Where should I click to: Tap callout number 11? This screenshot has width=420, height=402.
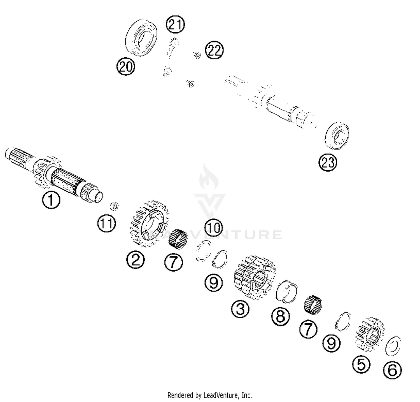(x=106, y=224)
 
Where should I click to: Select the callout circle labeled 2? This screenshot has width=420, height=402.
(x=135, y=260)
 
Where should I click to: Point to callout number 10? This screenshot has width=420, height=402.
(x=214, y=228)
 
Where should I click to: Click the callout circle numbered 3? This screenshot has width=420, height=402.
(x=240, y=309)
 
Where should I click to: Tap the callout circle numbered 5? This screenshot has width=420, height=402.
(x=361, y=364)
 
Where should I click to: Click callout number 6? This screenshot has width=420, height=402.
(x=392, y=370)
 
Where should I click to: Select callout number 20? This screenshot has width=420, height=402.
(x=126, y=67)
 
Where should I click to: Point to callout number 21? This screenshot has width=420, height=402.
(x=175, y=24)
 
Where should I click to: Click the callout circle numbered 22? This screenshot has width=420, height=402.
(x=214, y=50)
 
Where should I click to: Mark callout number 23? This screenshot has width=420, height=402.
(x=328, y=162)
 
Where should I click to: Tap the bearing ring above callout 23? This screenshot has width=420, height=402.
(x=337, y=135)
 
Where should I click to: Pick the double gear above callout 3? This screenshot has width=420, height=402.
(x=254, y=277)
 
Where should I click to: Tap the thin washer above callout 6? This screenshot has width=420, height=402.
(x=393, y=346)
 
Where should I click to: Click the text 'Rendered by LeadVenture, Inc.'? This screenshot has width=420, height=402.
(x=209, y=395)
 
